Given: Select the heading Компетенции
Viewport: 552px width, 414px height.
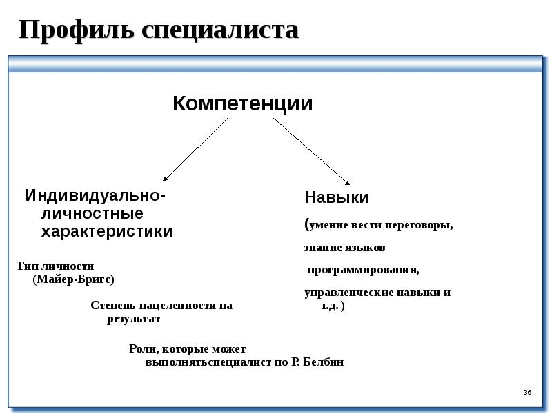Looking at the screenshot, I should pos(242,104).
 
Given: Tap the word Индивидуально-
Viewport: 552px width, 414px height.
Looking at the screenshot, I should pos(95,195).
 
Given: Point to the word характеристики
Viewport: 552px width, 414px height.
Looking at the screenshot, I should pos(107,231).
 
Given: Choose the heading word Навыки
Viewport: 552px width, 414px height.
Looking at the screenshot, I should pos(337,197).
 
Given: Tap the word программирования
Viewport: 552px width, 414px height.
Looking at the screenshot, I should pos(363,269).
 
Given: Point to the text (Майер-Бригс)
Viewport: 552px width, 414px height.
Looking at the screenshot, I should pos(73,279).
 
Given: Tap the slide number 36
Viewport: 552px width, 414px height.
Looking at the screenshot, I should pos(527,393).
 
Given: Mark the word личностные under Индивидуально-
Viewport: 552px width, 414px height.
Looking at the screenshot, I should pos(92,213).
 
